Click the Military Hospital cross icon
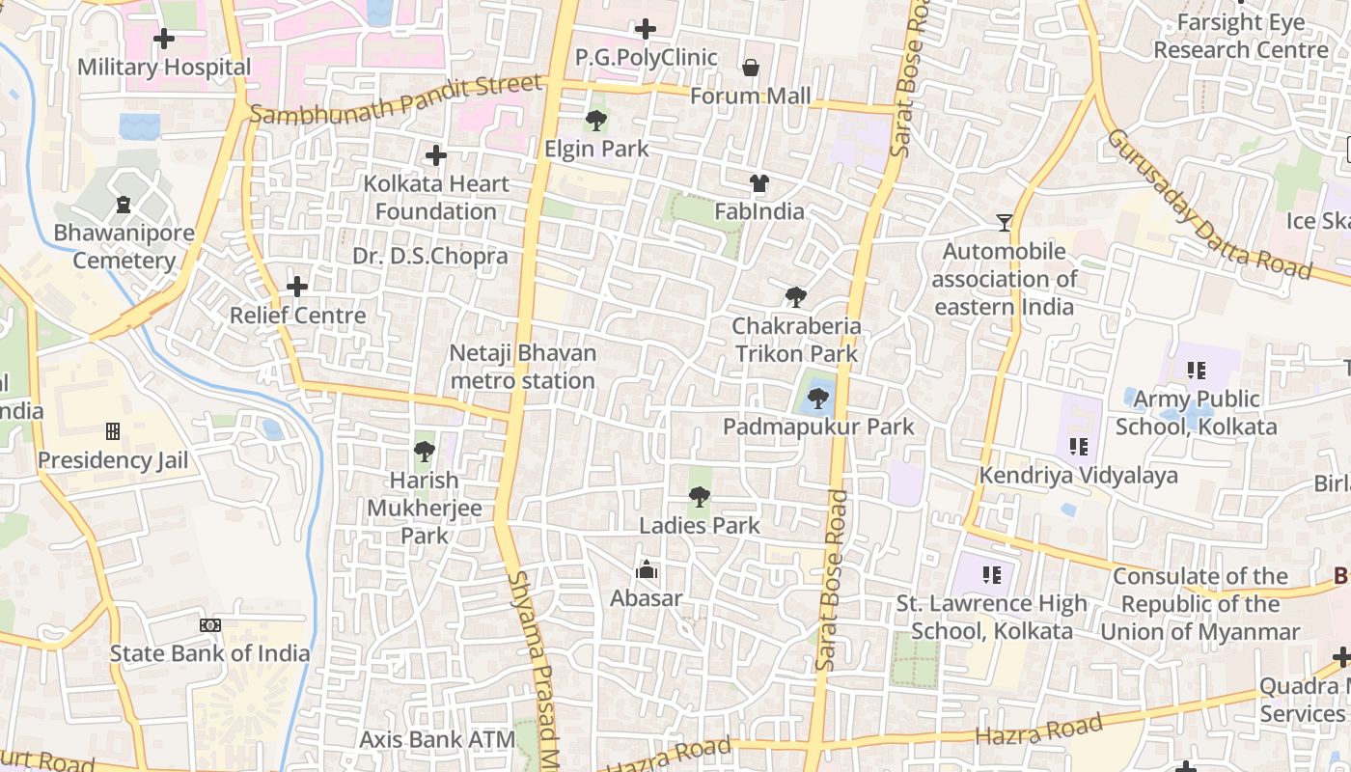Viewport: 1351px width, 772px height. tap(164, 39)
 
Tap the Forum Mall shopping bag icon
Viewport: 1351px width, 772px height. tap(751, 68)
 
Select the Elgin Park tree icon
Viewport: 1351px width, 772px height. tap(596, 121)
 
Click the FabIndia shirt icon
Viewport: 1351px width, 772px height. tap(758, 182)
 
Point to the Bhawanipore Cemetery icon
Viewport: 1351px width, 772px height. tap(124, 204)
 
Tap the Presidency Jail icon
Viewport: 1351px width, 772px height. tap(113, 430)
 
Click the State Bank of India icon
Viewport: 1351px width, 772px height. tap(209, 625)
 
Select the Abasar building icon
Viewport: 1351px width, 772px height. tap(647, 569)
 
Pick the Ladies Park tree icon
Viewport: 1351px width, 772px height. tap(700, 497)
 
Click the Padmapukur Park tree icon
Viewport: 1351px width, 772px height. tap(818, 398)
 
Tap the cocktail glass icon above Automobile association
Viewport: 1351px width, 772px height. tap(1005, 223)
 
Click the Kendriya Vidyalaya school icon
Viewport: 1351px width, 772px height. tap(1078, 447)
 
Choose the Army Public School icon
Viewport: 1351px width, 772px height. tap(1197, 370)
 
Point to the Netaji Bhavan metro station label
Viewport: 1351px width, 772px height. tap(522, 367)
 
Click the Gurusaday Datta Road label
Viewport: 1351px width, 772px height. tap(1206, 204)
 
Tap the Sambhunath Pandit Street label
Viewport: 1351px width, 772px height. tap(396, 99)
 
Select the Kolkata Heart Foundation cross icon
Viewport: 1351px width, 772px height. tap(436, 154)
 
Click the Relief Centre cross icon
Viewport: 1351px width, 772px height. tap(297, 287)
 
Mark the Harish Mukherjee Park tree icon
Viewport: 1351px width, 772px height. tap(424, 451)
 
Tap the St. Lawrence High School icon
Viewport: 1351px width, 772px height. tap(991, 575)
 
